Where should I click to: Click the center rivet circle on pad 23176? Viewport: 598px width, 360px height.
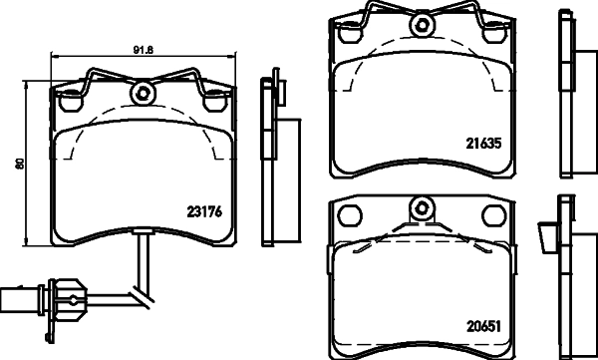coord(144,95)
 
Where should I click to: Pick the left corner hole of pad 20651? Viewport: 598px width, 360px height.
coord(350,214)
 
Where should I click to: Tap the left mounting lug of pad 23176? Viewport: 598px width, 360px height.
coord(71,100)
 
